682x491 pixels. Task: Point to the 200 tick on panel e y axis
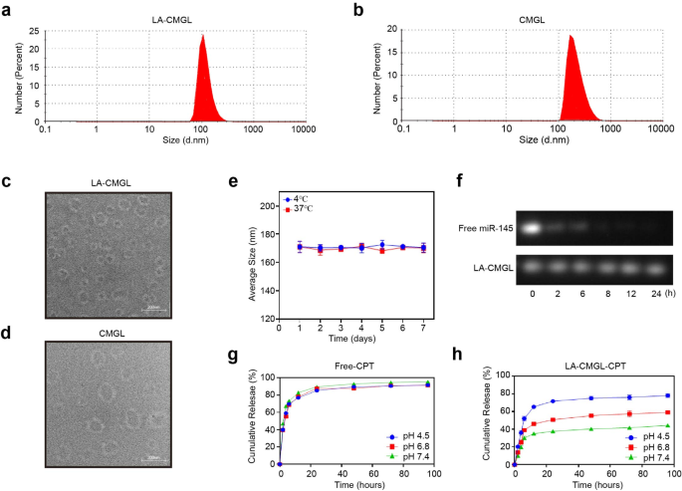[266, 206]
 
